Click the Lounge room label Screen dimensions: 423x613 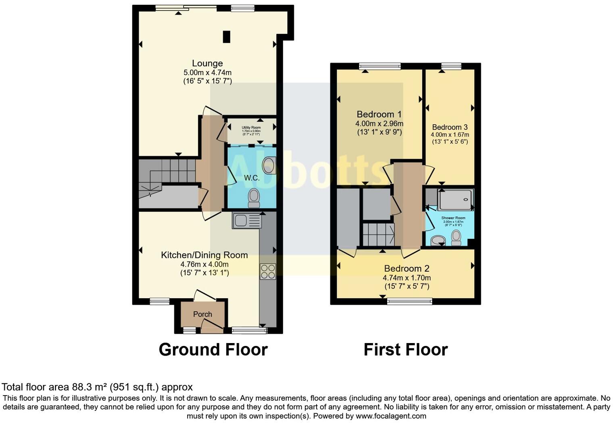coord(207,63)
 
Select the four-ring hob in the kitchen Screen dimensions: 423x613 coord(268,271)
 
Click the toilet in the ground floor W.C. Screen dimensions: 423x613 coord(254,197)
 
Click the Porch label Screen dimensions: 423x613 coord(202,314)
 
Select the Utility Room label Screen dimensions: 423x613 coord(251,128)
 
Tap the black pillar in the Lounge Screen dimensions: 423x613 coord(227,37)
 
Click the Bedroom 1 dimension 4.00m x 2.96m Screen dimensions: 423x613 coord(379,124)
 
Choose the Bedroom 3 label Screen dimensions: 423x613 coord(450,127)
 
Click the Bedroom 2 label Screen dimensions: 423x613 coord(407,268)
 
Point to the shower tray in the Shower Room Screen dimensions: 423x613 coord(455,200)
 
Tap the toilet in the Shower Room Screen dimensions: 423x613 coord(456,237)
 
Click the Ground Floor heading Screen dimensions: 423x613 coord(213,350)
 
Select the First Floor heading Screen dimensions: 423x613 coord(405,350)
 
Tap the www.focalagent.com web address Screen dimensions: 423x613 coord(391,416)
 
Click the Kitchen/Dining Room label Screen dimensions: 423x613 coord(204,255)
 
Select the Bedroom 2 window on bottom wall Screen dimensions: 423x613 coord(409,301)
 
